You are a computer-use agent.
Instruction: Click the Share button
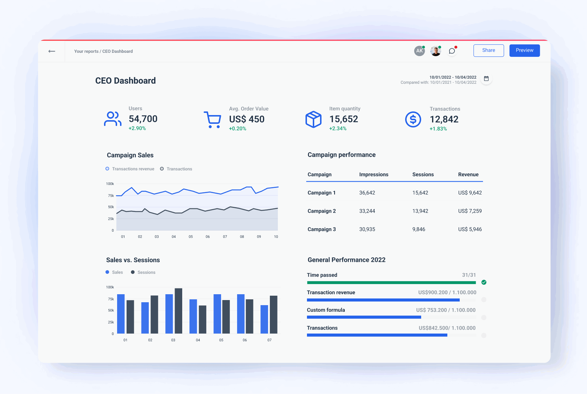pos(488,51)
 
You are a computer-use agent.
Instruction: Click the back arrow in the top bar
pos(52,51)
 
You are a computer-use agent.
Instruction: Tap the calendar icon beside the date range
pos(486,79)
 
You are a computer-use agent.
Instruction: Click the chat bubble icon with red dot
pos(452,51)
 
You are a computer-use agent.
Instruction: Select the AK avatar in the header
pos(419,51)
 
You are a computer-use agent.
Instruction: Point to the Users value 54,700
pos(143,119)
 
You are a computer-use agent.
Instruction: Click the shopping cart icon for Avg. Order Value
pos(212,119)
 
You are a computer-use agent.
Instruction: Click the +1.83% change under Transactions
pos(438,129)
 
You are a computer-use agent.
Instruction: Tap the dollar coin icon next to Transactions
pos(413,119)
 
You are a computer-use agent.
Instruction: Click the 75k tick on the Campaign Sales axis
pos(111,196)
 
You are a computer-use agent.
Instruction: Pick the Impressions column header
pos(374,175)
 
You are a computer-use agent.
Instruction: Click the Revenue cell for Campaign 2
pos(470,211)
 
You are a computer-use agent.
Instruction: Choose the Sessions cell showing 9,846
pos(419,229)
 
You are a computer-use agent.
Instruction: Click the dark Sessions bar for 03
pos(179,311)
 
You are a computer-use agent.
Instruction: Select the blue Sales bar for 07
pos(264,319)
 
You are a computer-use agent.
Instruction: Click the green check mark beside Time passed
pos(484,282)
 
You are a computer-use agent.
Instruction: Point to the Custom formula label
pos(326,310)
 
